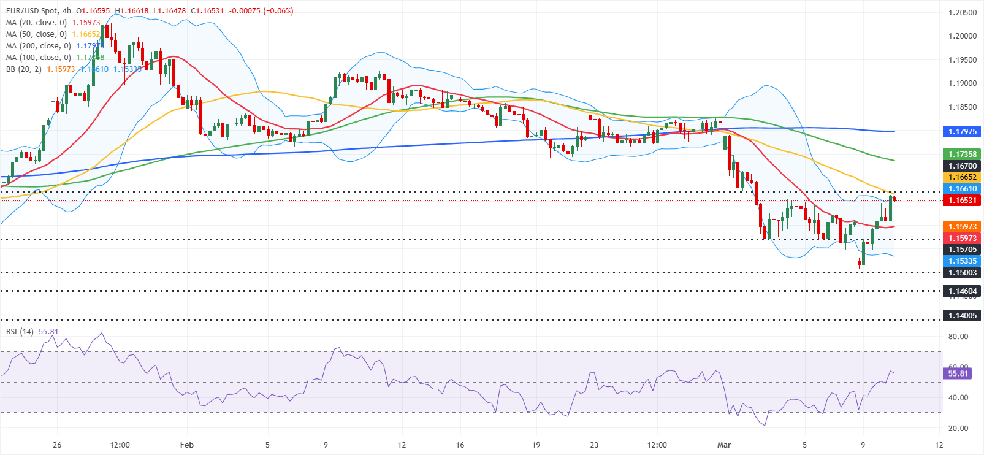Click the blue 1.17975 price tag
(x=962, y=131)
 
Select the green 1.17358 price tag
(x=962, y=155)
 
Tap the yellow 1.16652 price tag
(x=962, y=177)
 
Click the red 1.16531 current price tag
(x=962, y=201)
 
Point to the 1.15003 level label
(x=962, y=273)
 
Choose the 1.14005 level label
(x=962, y=316)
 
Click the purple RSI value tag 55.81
(x=958, y=373)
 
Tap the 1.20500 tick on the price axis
(x=962, y=13)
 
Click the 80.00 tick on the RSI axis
(x=958, y=337)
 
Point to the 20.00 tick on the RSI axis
(x=958, y=429)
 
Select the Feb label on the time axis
(x=187, y=445)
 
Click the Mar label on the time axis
(x=724, y=445)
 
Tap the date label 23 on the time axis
(x=594, y=445)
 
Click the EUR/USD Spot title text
(x=32, y=11)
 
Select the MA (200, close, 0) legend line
(x=38, y=46)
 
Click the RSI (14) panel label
(x=20, y=332)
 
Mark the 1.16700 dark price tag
(x=962, y=166)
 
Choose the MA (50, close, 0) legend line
(x=36, y=34)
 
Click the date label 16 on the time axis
(x=460, y=445)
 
